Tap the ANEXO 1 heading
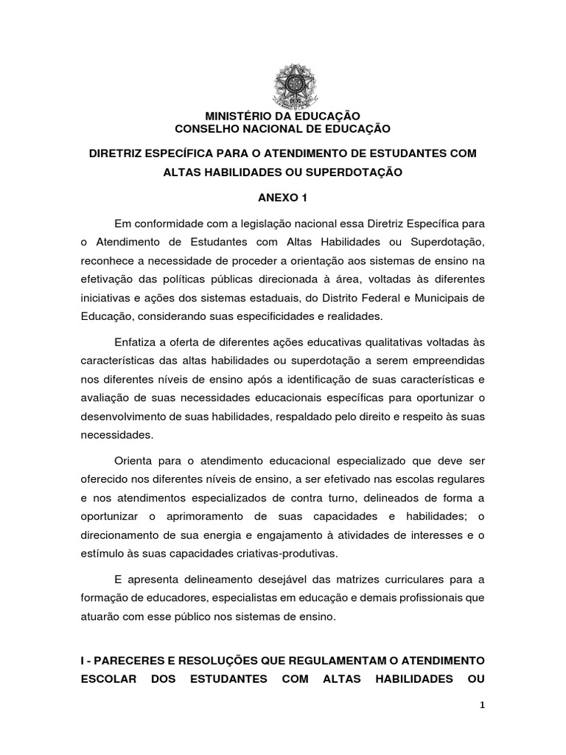tap(282, 199)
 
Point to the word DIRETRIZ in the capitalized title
tap(119, 153)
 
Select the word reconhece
tap(108, 262)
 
